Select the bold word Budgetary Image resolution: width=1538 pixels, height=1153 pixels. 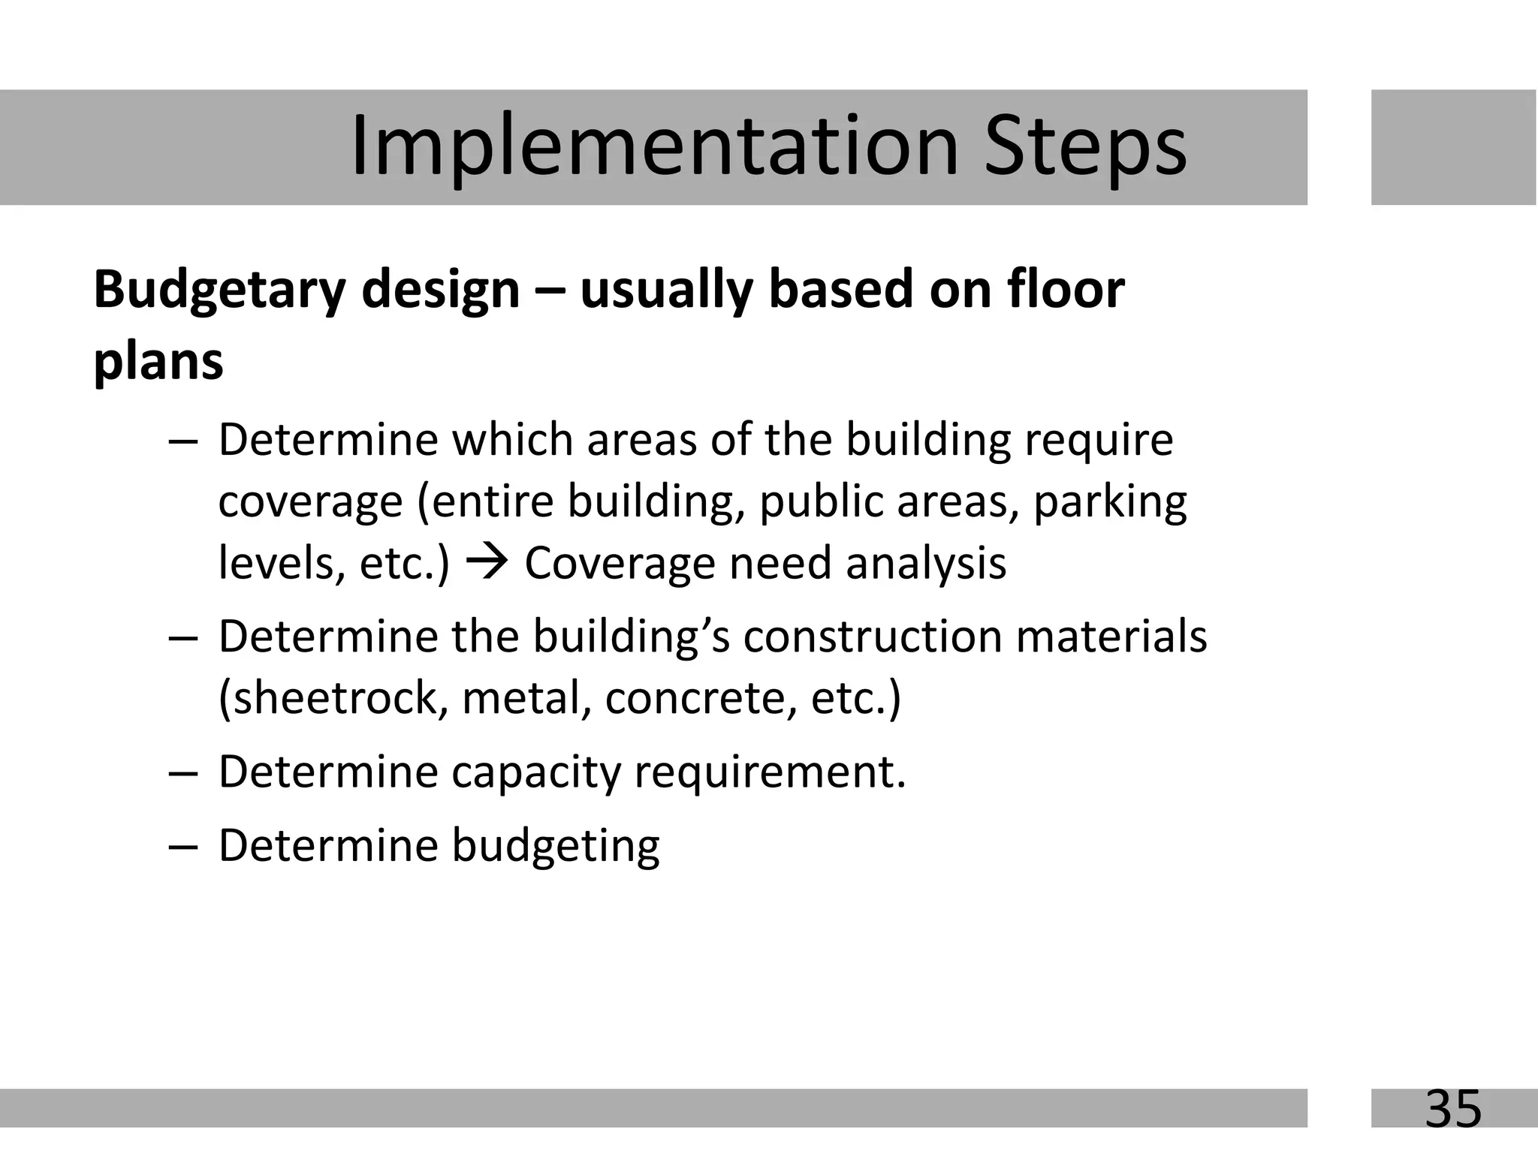218,291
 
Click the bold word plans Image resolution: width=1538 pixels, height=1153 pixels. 158,362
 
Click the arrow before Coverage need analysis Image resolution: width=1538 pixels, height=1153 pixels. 487,561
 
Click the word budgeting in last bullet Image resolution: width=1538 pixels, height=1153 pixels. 555,847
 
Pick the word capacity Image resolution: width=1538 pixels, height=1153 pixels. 535,773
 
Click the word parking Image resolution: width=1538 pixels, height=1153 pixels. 1110,502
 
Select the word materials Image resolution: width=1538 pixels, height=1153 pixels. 1111,637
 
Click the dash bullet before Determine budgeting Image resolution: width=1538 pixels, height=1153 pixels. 183,846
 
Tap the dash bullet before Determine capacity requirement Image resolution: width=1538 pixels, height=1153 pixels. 183,772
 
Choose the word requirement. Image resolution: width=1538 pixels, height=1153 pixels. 769,772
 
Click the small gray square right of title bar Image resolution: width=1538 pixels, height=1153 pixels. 1453,147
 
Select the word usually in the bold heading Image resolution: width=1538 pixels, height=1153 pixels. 666,291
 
